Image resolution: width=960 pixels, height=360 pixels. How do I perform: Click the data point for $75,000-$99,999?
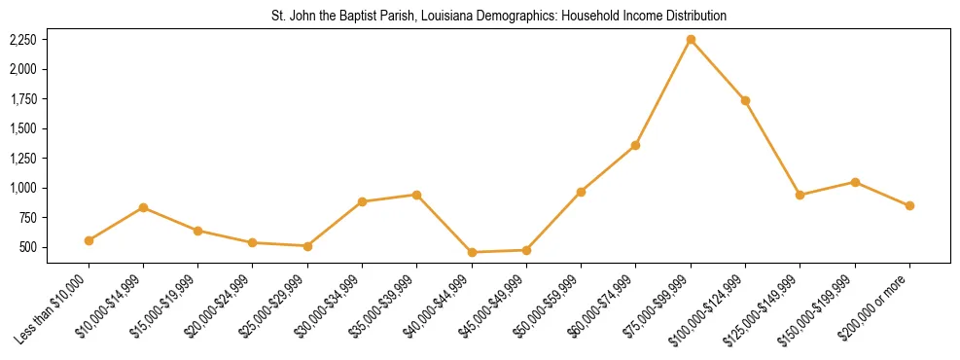point(691,40)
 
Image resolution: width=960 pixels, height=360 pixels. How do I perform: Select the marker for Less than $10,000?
point(89,240)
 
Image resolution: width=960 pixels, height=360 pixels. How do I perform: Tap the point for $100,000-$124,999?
point(745,100)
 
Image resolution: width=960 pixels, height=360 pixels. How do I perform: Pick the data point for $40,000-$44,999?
point(472,253)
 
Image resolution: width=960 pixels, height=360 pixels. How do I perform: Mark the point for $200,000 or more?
point(909,206)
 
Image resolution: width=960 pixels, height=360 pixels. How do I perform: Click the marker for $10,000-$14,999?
point(143,207)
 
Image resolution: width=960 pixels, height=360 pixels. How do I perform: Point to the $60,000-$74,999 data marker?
point(635,146)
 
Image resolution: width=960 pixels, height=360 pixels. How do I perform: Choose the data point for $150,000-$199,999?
point(855,182)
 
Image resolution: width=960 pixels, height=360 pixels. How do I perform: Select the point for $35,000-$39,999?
point(416,195)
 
